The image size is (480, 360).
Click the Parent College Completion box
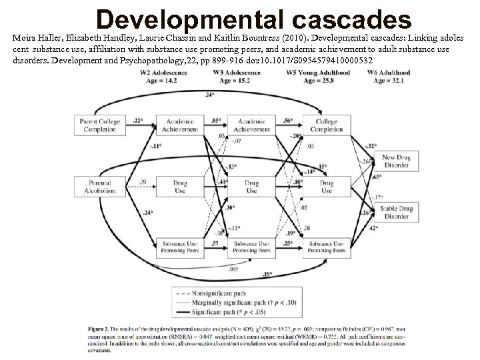point(99,125)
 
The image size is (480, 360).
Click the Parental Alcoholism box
point(99,186)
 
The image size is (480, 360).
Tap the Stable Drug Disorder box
point(396,212)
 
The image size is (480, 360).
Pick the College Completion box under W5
point(327,125)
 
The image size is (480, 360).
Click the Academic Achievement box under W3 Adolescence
point(251,125)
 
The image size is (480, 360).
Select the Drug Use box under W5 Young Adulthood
point(327,186)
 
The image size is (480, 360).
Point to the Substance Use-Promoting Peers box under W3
point(251,248)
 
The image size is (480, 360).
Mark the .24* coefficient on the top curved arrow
point(210,96)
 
